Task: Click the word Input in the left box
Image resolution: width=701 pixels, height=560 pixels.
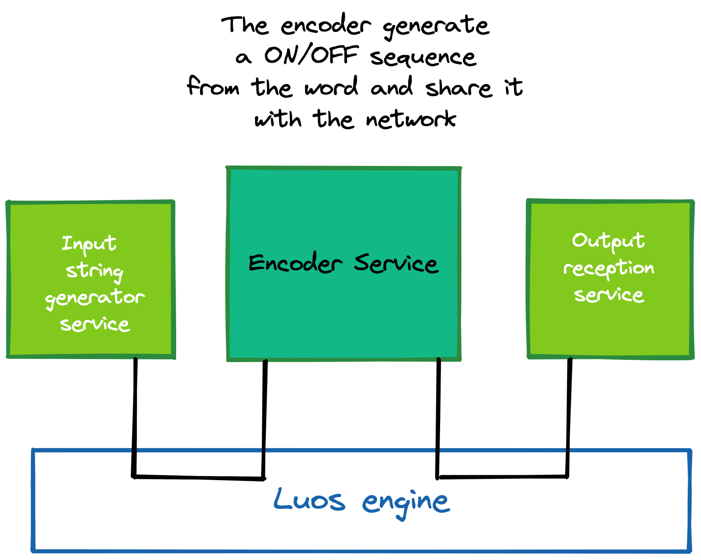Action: coord(89,244)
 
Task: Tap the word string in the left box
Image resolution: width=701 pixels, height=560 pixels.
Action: coord(95,271)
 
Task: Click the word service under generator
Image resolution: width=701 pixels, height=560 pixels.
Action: coord(95,324)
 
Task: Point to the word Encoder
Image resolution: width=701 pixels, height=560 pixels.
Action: coord(295,263)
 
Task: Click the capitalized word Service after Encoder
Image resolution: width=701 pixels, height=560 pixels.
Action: coord(396,263)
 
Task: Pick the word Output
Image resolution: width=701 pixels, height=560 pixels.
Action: coord(608,241)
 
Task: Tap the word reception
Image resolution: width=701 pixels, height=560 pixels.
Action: coord(609,268)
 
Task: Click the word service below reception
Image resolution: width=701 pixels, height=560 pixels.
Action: coord(609,295)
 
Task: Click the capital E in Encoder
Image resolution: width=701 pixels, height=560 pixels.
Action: coord(256,263)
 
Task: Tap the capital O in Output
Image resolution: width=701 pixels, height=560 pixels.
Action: coord(579,241)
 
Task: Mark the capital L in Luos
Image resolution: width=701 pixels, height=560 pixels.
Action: coord(280,499)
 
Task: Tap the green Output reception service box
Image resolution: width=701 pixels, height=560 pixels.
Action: coord(610,328)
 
